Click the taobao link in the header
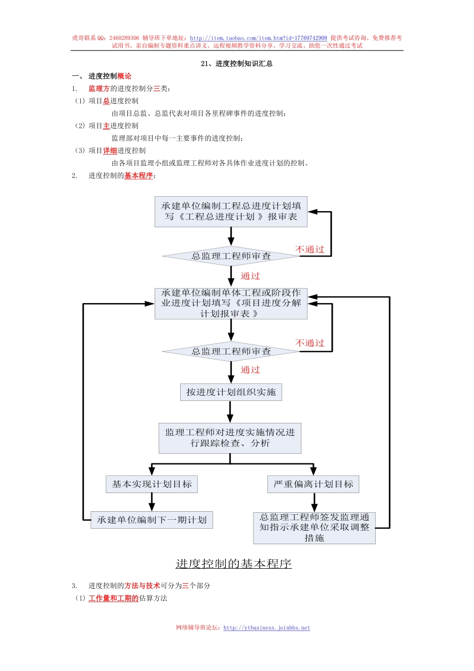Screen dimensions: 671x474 point(258,38)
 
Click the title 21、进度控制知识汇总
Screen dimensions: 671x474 point(237,63)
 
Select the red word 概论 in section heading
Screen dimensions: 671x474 point(124,76)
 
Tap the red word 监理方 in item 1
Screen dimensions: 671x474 point(99,88)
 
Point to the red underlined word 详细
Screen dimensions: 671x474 point(110,150)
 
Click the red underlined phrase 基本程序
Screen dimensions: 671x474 point(138,175)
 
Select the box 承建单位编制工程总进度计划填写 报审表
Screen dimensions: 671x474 point(231,212)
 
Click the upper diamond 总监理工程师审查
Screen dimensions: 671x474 point(231,256)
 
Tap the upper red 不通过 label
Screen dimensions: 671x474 point(310,249)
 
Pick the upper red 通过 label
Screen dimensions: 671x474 point(250,276)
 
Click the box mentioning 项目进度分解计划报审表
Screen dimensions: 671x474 point(231,303)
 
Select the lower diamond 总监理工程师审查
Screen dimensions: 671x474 point(231,351)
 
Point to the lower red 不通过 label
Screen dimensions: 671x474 point(310,343)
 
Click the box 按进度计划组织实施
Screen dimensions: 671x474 point(231,392)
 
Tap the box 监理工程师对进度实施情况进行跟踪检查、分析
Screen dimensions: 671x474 point(230,438)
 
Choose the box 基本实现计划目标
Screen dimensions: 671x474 point(152,484)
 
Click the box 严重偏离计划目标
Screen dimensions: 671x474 point(313,484)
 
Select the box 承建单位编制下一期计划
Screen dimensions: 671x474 point(152,520)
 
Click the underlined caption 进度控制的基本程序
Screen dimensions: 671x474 point(234,564)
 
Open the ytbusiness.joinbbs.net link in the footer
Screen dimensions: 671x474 point(266,628)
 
